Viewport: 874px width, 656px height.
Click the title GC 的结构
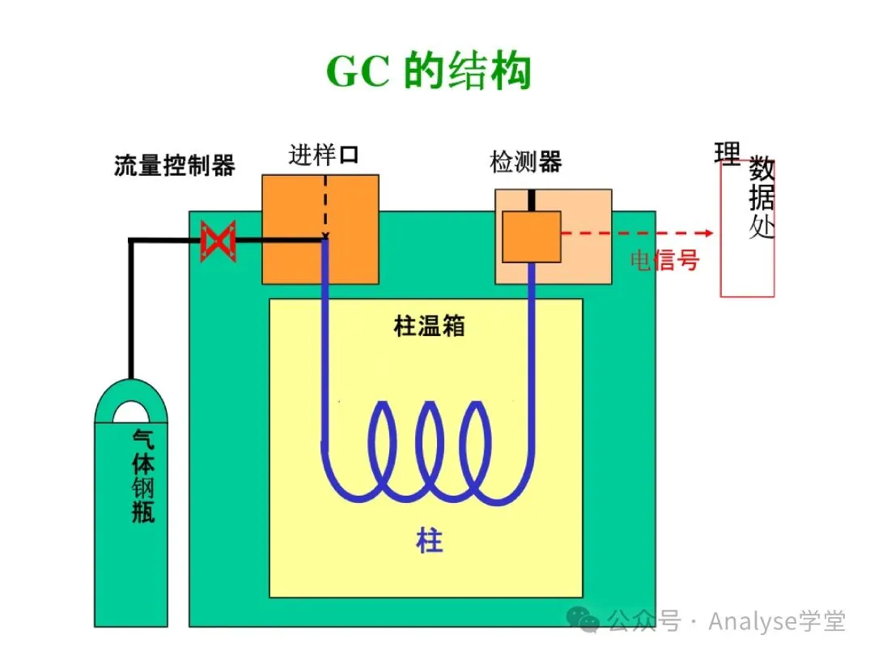pyautogui.click(x=428, y=72)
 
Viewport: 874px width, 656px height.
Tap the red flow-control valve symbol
pyautogui.click(x=218, y=241)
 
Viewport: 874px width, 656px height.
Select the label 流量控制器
pyautogui.click(x=175, y=166)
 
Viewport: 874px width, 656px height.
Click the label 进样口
pyautogui.click(x=323, y=155)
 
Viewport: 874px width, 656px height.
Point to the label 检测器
pyautogui.click(x=525, y=162)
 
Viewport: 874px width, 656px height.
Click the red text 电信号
pyautogui.click(x=664, y=260)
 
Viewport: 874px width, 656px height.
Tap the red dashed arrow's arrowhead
pyautogui.click(x=709, y=233)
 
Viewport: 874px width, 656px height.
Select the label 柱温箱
pyautogui.click(x=429, y=326)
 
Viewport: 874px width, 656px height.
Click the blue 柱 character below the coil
pyautogui.click(x=430, y=540)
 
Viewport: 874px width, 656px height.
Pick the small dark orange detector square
pyautogui.click(x=532, y=236)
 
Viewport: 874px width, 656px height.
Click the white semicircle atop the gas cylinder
pyautogui.click(x=130, y=413)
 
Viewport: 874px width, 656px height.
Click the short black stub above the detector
pyautogui.click(x=532, y=200)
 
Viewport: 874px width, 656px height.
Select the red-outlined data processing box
pyautogui.click(x=747, y=243)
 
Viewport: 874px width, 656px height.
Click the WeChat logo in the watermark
pyautogui.click(x=584, y=621)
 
